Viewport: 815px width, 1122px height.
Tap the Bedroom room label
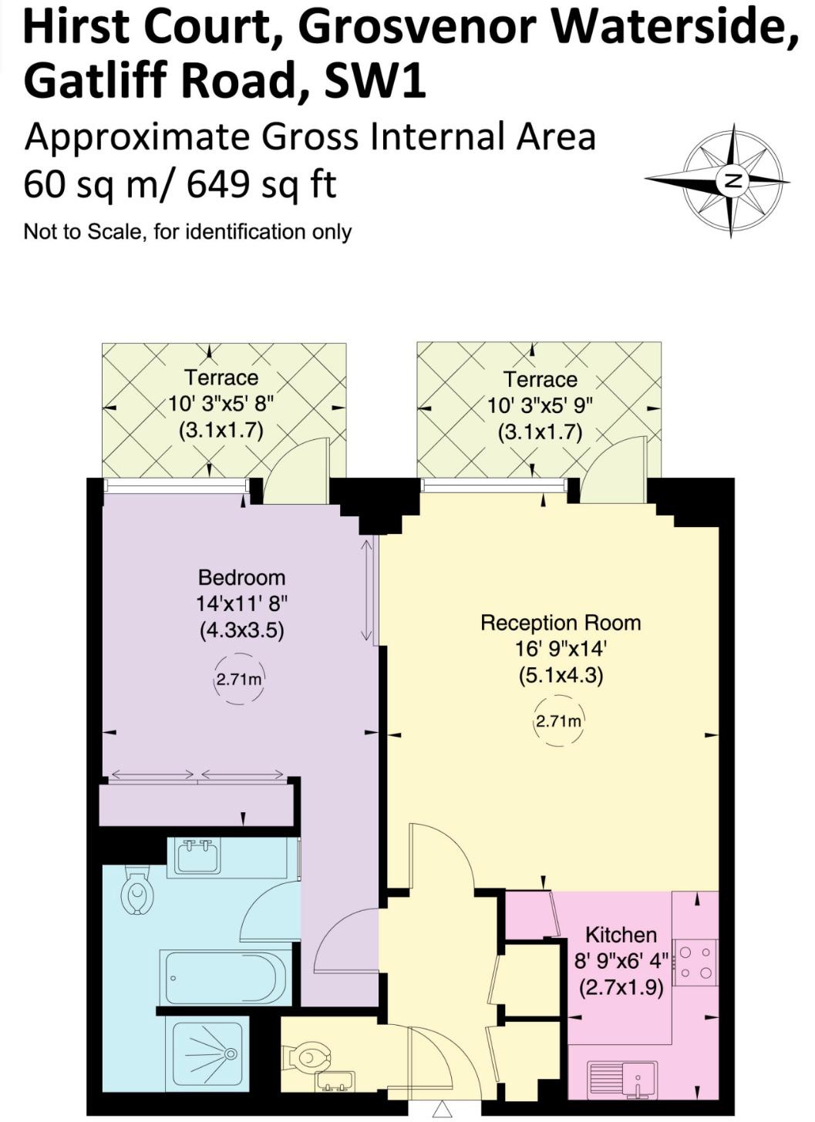(241, 577)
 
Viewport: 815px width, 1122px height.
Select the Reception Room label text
(561, 623)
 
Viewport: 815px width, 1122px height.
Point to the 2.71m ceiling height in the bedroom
(238, 680)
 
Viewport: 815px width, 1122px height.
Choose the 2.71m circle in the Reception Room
(559, 722)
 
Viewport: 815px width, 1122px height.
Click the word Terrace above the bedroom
(221, 377)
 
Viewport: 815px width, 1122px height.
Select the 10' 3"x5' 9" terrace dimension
(541, 405)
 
